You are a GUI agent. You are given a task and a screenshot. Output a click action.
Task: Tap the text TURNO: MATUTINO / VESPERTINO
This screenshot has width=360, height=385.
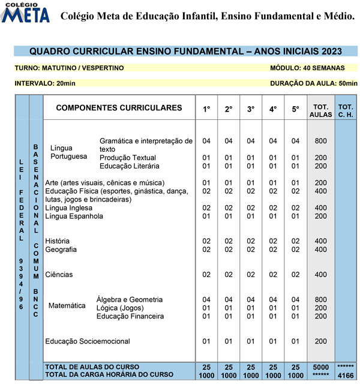coord(69,68)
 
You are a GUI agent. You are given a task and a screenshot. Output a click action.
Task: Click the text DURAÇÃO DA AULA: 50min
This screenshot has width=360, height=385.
coord(305,83)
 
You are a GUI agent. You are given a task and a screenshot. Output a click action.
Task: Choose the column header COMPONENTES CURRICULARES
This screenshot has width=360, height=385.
coord(119,108)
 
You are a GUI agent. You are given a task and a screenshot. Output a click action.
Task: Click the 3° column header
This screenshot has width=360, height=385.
coord(251,109)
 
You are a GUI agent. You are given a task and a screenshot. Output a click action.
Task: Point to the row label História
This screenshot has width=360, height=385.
coord(57,241)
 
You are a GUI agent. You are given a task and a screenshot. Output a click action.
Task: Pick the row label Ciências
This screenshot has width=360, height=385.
coord(59,275)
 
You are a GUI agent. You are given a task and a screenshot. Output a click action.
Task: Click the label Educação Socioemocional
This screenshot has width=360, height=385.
coord(88,341)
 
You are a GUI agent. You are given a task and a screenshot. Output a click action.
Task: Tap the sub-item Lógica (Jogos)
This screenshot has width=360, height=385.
coord(121,308)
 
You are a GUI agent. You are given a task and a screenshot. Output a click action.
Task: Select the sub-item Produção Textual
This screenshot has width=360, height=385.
coord(128,158)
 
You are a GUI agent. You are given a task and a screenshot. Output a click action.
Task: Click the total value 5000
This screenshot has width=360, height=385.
coord(320,366)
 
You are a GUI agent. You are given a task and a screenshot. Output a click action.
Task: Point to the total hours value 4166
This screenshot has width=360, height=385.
coord(346,375)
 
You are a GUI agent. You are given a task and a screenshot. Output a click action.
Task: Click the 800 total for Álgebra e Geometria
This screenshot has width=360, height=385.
coord(320,299)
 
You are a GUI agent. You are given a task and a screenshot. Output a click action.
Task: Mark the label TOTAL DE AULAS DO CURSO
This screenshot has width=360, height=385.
coord(92,366)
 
